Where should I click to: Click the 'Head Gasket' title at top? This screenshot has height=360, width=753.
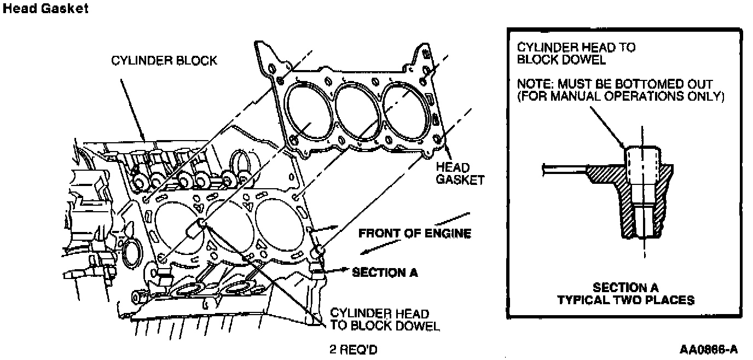point(45,9)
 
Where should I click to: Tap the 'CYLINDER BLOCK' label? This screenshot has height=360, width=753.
point(164,60)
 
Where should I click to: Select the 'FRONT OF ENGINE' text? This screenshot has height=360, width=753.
point(414,234)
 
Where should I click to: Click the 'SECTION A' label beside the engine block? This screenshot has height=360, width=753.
point(385,272)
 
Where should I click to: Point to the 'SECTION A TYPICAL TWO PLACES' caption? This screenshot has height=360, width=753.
point(625,294)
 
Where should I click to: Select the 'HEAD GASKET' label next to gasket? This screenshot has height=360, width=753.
point(460,173)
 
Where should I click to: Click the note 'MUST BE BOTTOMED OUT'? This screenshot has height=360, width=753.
point(615,85)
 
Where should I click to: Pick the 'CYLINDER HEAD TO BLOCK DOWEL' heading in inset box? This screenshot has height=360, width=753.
point(576,54)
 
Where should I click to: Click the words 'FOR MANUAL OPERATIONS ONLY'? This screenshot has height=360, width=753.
point(621,97)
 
